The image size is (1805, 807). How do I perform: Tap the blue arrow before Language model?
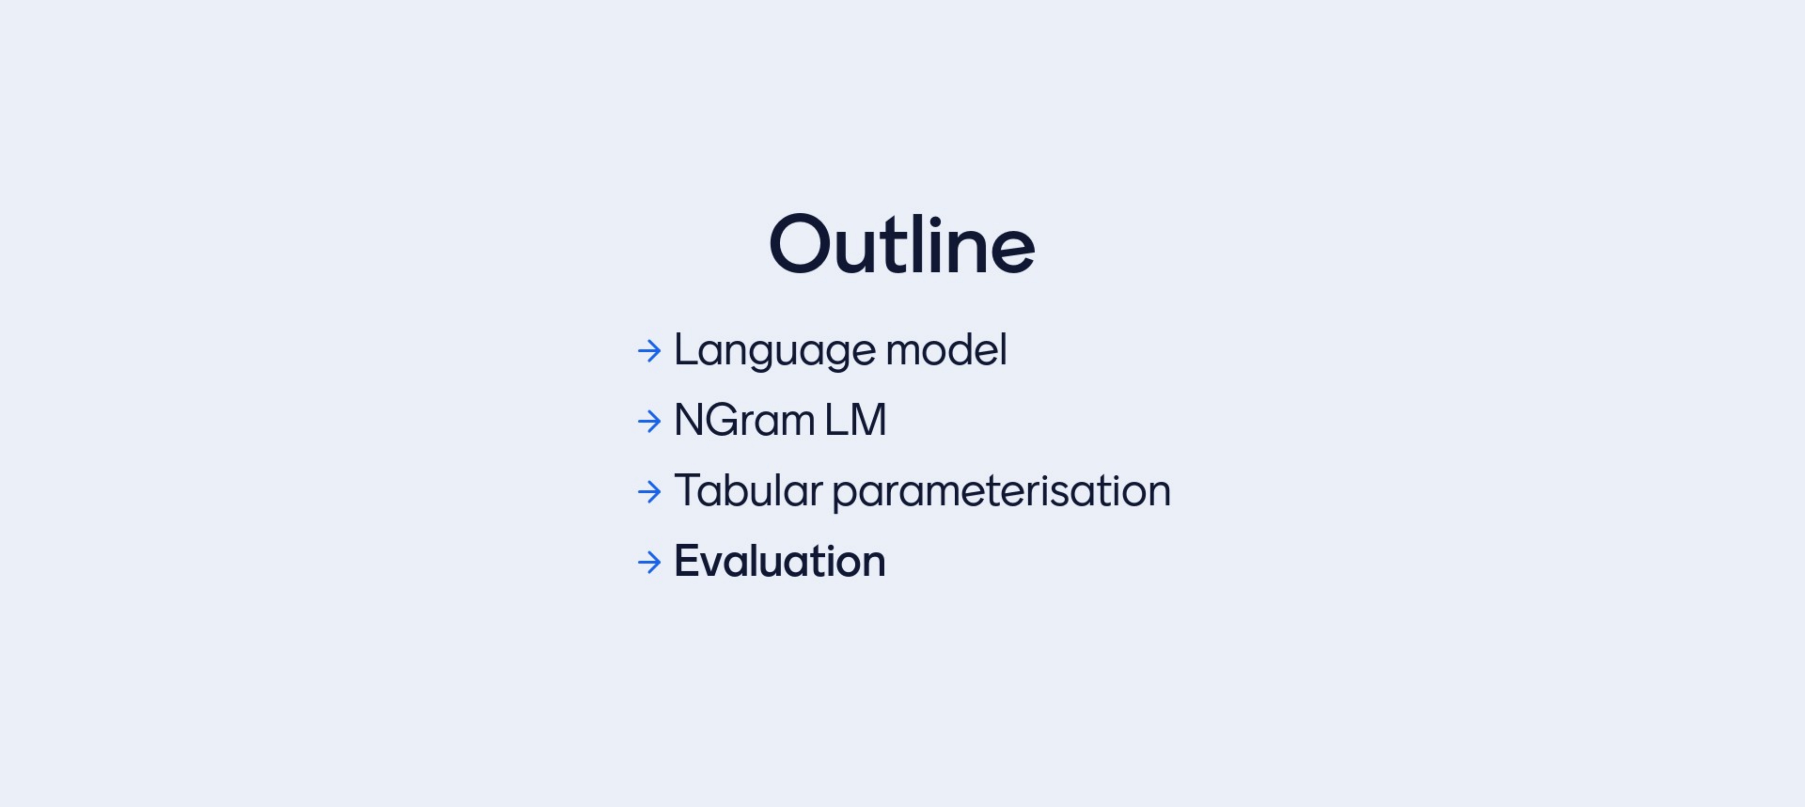649,351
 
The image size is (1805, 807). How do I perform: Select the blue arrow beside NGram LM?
649,421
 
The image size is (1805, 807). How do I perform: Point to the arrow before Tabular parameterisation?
649,492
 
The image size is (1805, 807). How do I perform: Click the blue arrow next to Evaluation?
649,562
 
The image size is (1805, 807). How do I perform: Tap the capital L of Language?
687,350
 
